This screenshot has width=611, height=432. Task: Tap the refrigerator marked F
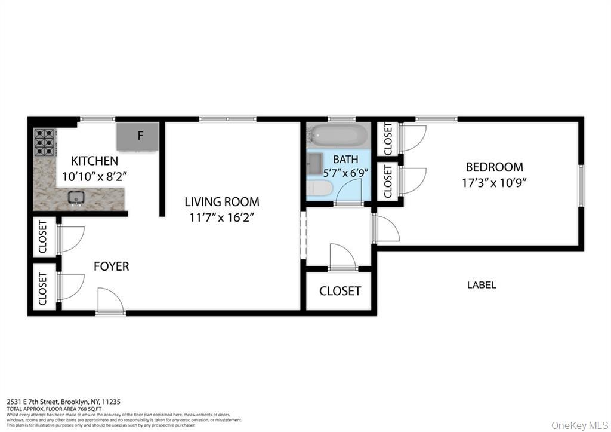click(138, 136)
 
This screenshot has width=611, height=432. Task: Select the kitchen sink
click(76, 198)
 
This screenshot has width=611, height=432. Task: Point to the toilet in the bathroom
click(319, 189)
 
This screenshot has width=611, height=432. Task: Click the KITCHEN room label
click(94, 161)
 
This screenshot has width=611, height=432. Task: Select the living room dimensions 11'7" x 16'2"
click(222, 217)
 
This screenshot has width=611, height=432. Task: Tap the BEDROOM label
click(494, 167)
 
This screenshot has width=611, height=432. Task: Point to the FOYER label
click(111, 266)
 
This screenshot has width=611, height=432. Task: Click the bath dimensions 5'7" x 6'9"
click(346, 172)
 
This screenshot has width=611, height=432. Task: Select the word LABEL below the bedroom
click(481, 285)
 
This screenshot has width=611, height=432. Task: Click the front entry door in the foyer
click(110, 302)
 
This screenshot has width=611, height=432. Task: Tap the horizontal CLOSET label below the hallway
click(340, 291)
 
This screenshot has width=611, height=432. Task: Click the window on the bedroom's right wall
click(580, 185)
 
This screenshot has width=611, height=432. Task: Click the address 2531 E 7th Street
click(42, 402)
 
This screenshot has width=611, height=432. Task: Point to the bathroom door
click(349, 194)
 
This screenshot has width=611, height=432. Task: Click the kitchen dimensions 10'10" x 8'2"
click(94, 177)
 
